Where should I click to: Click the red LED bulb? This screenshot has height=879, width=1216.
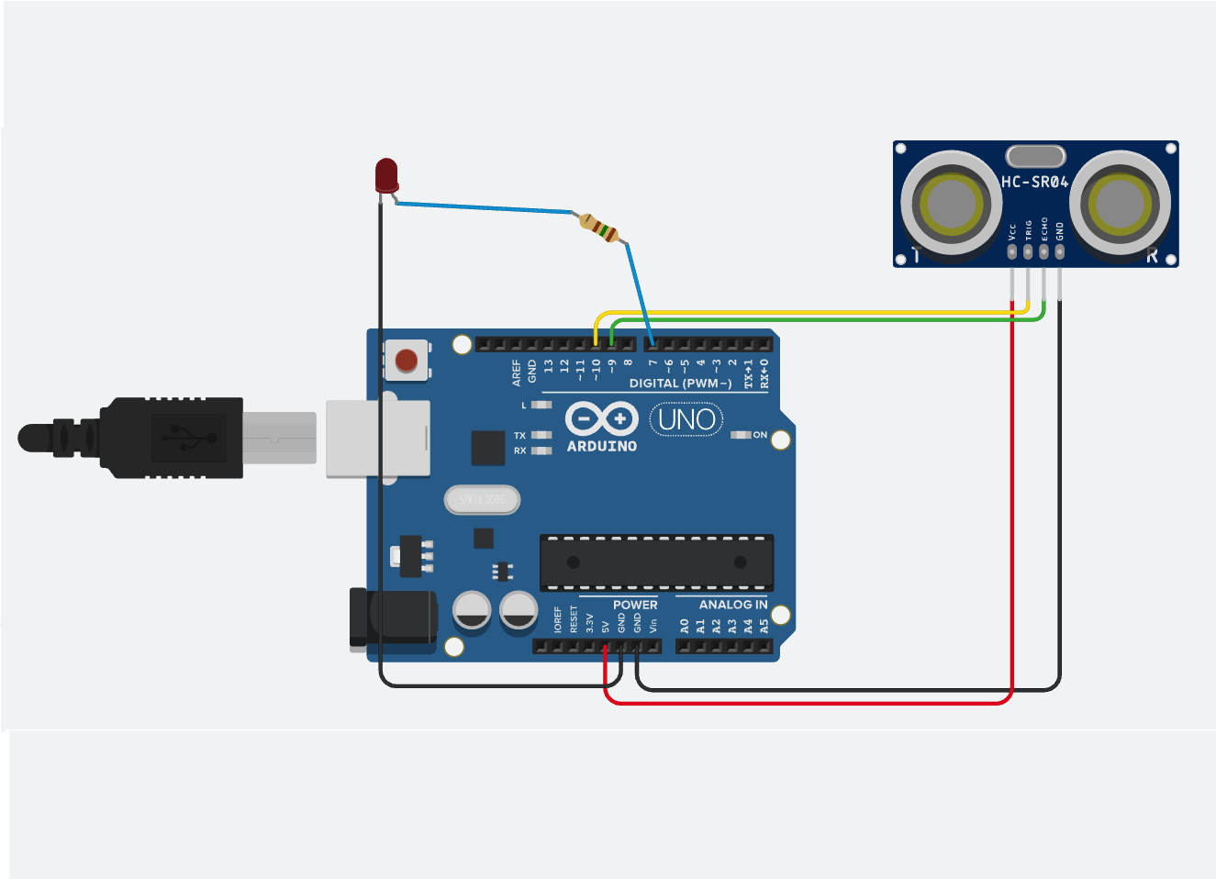tap(386, 173)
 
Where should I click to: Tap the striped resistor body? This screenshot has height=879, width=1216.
tap(599, 227)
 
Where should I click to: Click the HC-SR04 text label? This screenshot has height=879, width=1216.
tap(1034, 182)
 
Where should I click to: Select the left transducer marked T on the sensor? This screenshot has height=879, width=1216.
tap(951, 203)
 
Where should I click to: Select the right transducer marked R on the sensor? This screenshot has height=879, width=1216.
tap(1119, 203)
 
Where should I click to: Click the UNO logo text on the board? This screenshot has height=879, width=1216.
tap(686, 420)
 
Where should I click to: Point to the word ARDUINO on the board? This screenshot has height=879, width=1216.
tap(601, 447)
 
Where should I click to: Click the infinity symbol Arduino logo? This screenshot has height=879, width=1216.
tap(601, 419)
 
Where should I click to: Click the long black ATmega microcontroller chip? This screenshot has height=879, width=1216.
tap(656, 562)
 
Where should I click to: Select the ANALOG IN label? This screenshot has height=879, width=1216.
tap(732, 605)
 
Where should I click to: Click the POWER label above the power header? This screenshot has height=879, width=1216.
tap(635, 605)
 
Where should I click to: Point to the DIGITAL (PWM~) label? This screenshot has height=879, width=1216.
tap(680, 384)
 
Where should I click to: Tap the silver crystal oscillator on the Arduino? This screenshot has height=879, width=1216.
tap(482, 500)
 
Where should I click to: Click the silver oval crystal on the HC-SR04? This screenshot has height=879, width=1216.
tap(1035, 156)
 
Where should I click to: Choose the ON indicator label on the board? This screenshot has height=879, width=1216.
tap(760, 435)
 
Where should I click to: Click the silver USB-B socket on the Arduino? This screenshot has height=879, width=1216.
tap(378, 439)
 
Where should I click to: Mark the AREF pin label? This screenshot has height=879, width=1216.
tap(517, 372)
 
